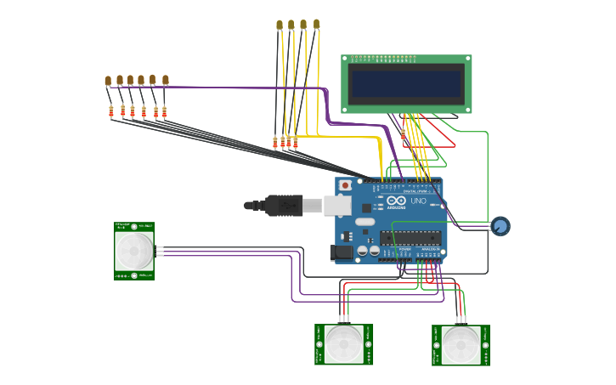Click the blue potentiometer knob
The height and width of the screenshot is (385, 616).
[500, 226]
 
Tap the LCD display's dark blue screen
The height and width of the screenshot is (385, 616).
[407, 83]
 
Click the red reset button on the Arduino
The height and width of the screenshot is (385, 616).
[345, 184]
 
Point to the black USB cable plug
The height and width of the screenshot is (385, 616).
[284, 205]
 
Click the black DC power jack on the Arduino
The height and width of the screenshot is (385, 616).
[341, 252]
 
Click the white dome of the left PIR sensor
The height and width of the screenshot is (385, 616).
[134, 250]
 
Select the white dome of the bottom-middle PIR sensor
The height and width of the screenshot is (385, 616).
[343, 343]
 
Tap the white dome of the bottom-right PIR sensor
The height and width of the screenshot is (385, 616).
[461, 344]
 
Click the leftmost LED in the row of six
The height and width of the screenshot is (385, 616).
[109, 82]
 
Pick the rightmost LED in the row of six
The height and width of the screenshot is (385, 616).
[166, 81]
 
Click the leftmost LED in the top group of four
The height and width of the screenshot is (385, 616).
[280, 25]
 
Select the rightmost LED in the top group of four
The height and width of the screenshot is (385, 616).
[316, 25]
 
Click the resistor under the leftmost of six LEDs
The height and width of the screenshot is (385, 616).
[111, 110]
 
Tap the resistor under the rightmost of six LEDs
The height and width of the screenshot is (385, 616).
[165, 110]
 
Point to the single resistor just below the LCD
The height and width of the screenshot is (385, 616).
[403, 134]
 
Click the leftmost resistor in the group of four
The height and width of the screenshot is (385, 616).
[275, 143]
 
